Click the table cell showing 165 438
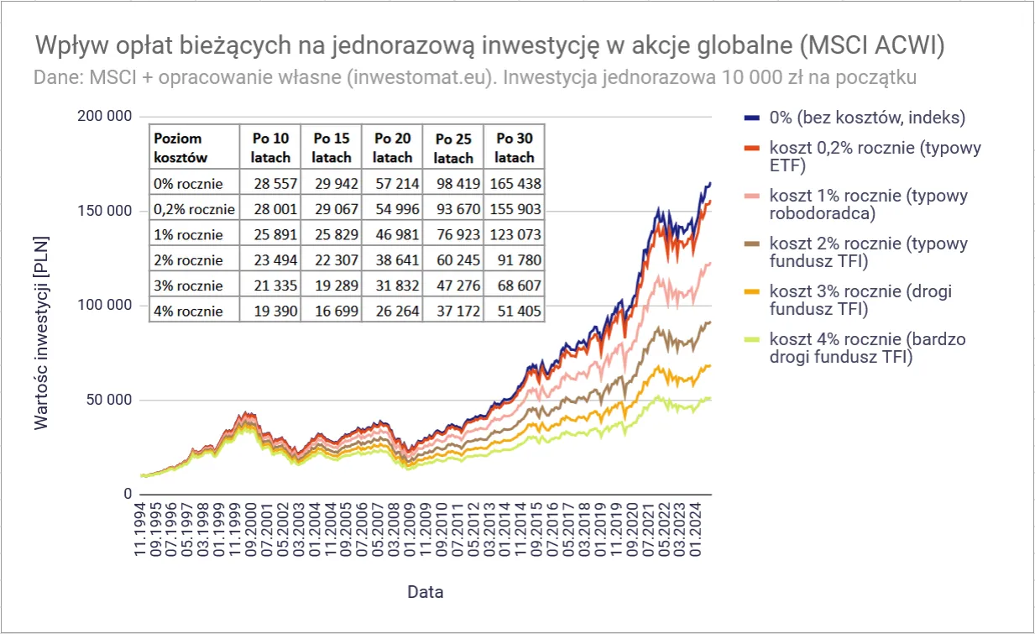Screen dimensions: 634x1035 point(514,183)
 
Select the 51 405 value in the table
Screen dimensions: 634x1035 point(514,312)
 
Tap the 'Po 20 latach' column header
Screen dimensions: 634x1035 point(393,148)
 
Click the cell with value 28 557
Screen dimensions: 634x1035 point(269,183)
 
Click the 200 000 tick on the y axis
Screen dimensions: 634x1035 point(105,116)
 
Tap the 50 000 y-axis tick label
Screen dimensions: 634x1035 point(109,400)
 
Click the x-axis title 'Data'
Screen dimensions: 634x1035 point(426,592)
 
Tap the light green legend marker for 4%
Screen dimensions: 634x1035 point(752,340)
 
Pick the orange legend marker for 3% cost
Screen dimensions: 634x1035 point(752,292)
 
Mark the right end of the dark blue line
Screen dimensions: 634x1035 point(710,183)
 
